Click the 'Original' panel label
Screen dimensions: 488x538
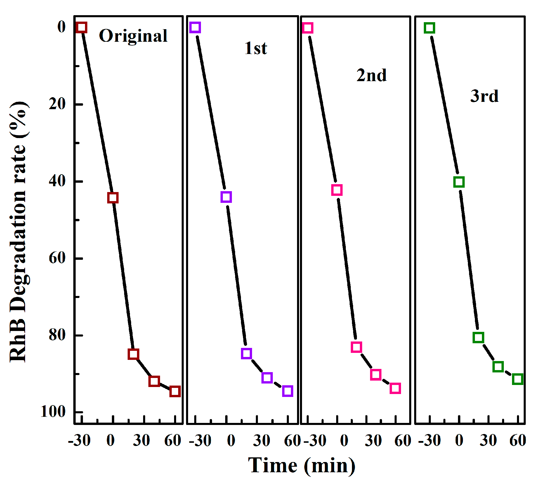pyautogui.click(x=133, y=36)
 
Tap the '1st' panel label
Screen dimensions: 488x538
pyautogui.click(x=256, y=48)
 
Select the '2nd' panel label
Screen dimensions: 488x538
pyautogui.click(x=372, y=75)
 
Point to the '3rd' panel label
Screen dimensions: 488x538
pyautogui.click(x=484, y=96)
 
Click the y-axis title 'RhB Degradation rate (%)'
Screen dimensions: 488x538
pyautogui.click(x=18, y=232)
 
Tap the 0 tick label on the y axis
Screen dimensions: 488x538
pyautogui.click(x=62, y=27)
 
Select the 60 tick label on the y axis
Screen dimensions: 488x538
pyautogui.click(x=57, y=258)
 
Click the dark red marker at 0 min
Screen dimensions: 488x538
pyautogui.click(x=113, y=198)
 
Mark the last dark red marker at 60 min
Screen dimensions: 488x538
pyautogui.click(x=175, y=391)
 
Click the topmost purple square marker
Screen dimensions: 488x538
pyautogui.click(x=195, y=27)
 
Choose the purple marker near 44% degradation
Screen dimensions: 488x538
pyautogui.click(x=226, y=197)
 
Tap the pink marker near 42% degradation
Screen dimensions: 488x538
pyautogui.click(x=337, y=190)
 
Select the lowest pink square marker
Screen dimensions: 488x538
pyautogui.click(x=395, y=388)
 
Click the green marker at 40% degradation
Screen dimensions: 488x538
pyautogui.click(x=459, y=182)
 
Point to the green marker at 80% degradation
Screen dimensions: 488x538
pyautogui.click(x=478, y=337)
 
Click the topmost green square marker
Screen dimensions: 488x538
pyautogui.click(x=429, y=28)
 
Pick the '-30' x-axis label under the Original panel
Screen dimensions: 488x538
pyautogui.click(x=79, y=441)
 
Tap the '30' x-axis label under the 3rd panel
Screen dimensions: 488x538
pyautogui.click(x=488, y=441)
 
